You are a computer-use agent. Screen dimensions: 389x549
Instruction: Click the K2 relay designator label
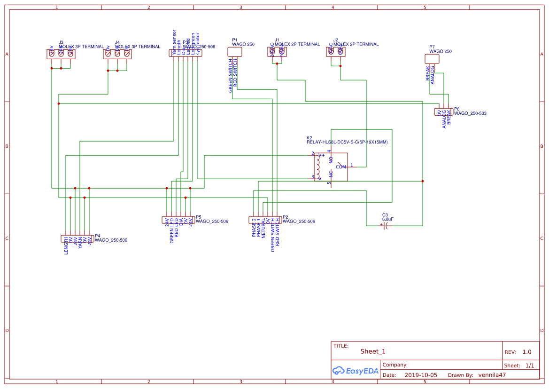(x=309, y=138)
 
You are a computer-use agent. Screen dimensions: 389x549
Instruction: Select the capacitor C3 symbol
(x=386, y=226)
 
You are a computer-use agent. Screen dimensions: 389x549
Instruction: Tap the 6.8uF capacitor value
(x=387, y=219)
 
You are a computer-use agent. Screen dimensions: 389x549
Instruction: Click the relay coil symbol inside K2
(x=318, y=167)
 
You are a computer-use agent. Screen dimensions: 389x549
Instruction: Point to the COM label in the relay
(x=340, y=167)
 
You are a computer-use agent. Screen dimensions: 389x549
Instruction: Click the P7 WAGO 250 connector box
(x=432, y=59)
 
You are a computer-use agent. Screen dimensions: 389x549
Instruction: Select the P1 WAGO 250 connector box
(x=234, y=52)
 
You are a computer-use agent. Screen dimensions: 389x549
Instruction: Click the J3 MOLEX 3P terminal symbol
(x=61, y=54)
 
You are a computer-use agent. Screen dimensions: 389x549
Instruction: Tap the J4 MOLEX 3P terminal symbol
(x=117, y=54)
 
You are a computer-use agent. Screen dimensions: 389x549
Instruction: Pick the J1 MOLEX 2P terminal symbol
(x=277, y=52)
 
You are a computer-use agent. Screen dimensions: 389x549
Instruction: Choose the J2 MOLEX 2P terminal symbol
(x=335, y=52)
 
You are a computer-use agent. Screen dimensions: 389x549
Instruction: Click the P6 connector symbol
(x=443, y=112)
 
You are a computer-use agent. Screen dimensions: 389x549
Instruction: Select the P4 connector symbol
(x=77, y=238)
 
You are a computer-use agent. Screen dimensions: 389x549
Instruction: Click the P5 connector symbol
(x=178, y=220)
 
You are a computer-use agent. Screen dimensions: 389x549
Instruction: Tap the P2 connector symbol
(x=265, y=220)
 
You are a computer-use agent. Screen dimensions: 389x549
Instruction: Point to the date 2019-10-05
(x=421, y=375)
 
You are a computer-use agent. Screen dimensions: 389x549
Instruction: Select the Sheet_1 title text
(x=373, y=351)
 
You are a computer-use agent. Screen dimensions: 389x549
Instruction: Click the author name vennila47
(x=492, y=375)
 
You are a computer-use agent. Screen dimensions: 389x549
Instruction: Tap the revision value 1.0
(x=526, y=352)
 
